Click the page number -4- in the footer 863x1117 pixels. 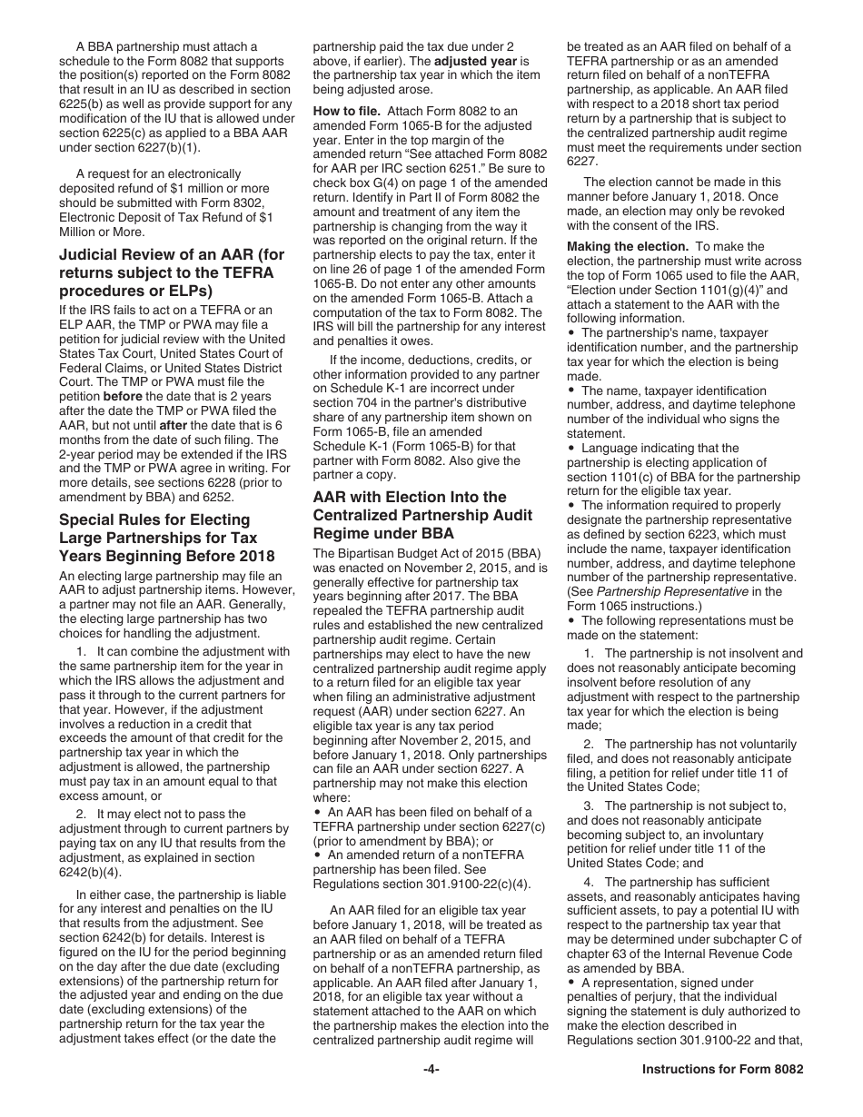pos(431,1069)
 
